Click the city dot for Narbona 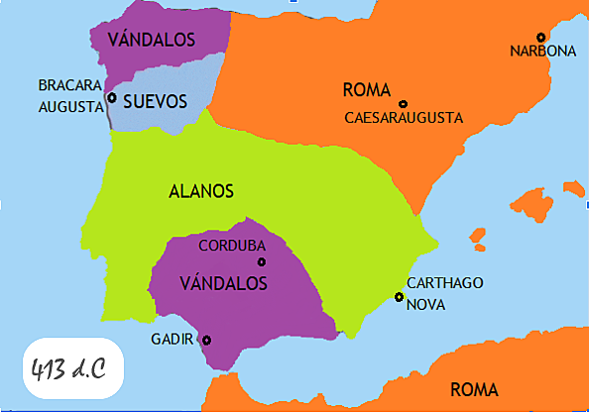[x=541, y=38]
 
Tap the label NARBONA [x=542, y=52]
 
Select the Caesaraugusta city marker [x=403, y=104]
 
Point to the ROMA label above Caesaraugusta [x=366, y=91]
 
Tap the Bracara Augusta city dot [x=112, y=98]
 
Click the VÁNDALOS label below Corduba [x=224, y=282]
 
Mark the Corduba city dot [x=262, y=261]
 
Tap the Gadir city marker [x=206, y=340]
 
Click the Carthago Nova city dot [x=399, y=297]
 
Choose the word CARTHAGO [x=445, y=283]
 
